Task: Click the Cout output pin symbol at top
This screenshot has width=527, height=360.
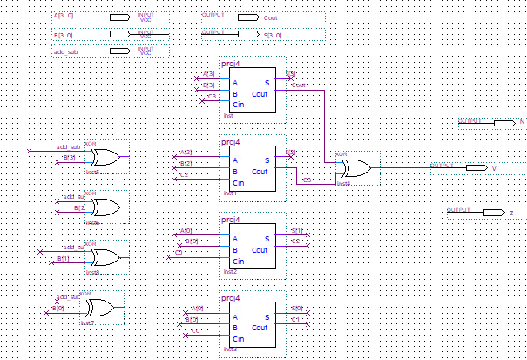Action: pos(247,17)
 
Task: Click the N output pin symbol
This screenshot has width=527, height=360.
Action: pos(504,123)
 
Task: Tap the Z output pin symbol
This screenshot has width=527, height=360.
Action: pos(493,212)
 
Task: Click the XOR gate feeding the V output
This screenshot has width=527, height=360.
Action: pos(355,167)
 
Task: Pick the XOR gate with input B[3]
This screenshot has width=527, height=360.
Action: pos(105,158)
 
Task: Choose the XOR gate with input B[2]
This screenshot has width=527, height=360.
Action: pos(105,207)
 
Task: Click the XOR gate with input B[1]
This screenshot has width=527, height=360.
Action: pos(105,258)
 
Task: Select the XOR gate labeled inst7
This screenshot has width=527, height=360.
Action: pos(98,307)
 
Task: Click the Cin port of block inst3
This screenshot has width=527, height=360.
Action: pos(237,339)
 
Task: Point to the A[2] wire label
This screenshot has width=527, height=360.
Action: pos(185,153)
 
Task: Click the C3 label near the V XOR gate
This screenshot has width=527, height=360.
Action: pos(307,180)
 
